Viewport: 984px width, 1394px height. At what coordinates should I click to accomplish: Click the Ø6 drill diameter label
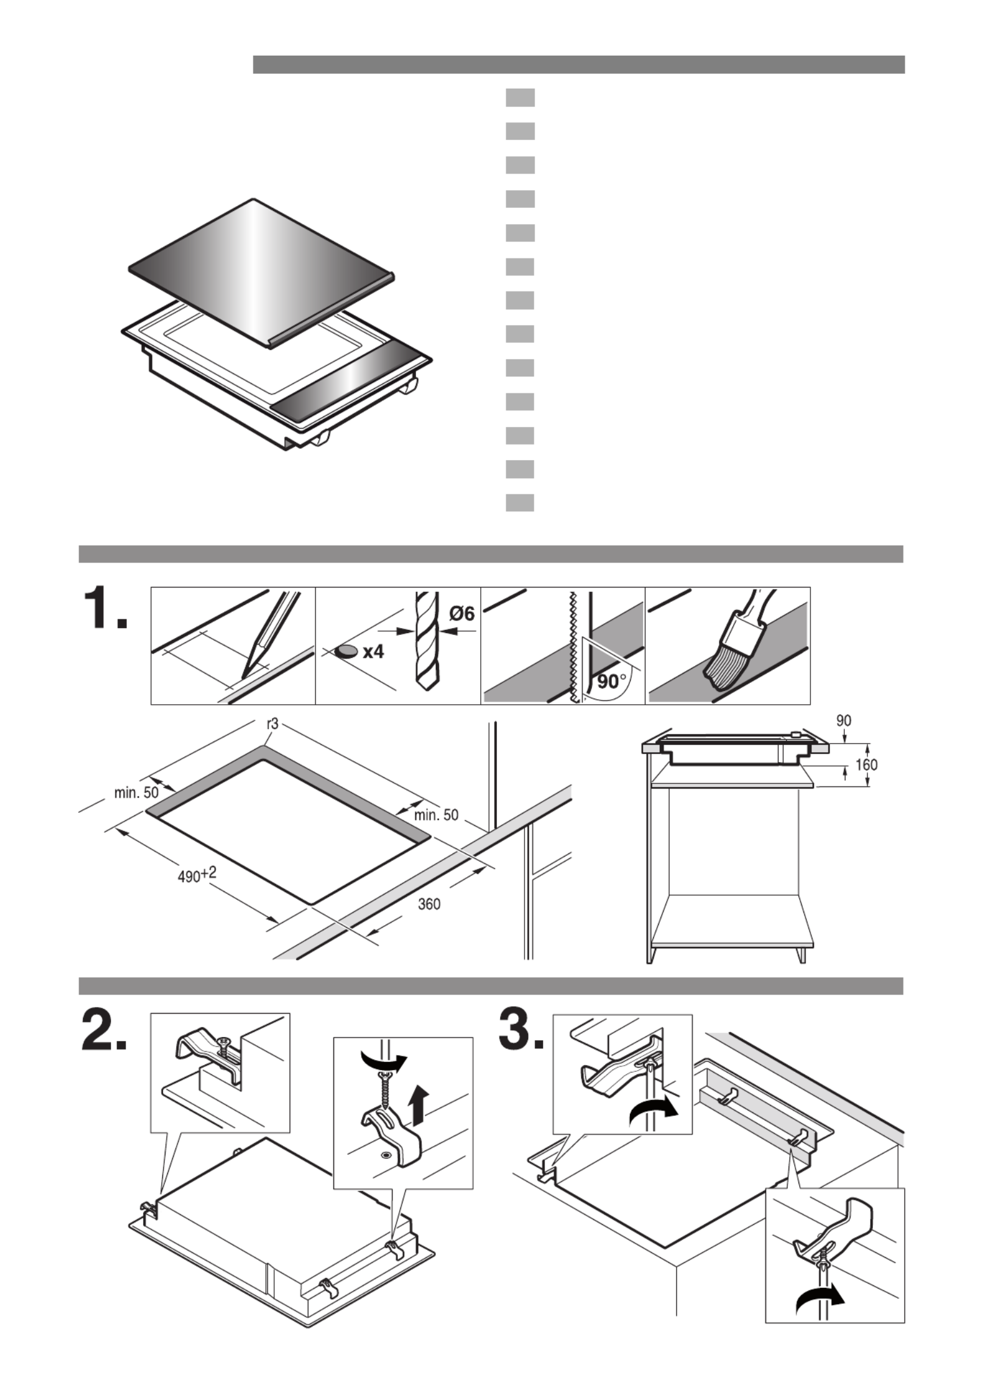(461, 614)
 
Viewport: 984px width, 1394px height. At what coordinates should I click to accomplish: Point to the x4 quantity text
(373, 652)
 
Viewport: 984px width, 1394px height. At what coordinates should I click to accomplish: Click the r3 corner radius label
(272, 724)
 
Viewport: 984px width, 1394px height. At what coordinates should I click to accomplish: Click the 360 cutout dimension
(429, 903)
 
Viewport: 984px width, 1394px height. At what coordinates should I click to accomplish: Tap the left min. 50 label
(136, 793)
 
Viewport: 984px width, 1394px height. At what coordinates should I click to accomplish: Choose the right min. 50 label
(436, 815)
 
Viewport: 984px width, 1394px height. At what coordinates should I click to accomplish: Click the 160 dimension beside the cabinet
(867, 764)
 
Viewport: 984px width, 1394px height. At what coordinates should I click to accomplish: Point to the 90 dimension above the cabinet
(844, 721)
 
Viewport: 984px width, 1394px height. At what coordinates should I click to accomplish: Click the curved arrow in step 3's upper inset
(653, 1110)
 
